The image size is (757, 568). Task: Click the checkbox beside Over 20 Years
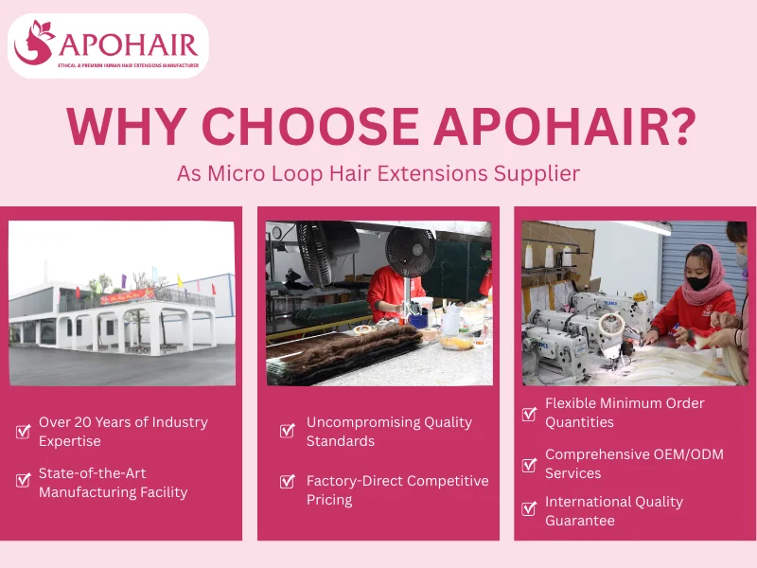[x=24, y=432]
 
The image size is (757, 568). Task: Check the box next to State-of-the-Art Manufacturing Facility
[x=24, y=480]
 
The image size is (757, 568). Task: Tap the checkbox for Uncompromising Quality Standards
[x=288, y=432]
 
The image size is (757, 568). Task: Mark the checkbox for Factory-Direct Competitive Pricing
[x=288, y=481]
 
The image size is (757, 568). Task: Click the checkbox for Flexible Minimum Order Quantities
[x=530, y=414]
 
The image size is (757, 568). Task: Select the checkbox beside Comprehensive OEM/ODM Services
[x=530, y=465]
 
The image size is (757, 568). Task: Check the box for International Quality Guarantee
[x=530, y=509]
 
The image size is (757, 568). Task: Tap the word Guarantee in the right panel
[x=579, y=521]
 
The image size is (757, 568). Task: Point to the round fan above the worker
[x=410, y=250]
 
